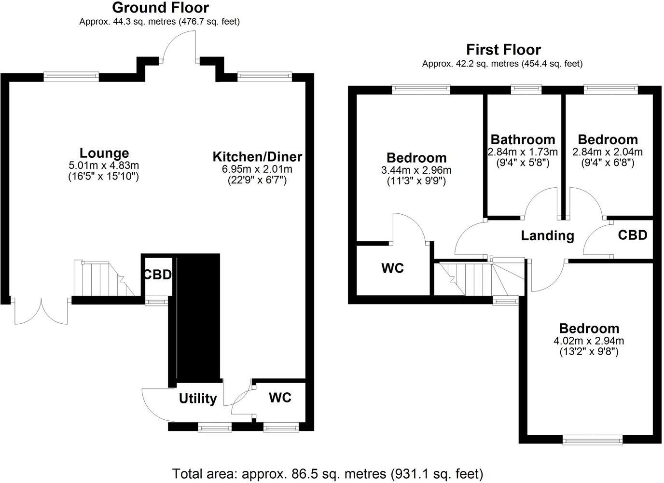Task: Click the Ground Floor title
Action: [x=160, y=8]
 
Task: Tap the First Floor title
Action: [x=503, y=50]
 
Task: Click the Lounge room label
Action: [x=104, y=153]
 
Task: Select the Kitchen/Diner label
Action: [x=257, y=157]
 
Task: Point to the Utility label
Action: [x=198, y=399]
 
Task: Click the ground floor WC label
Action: [x=280, y=398]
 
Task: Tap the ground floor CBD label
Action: [x=157, y=275]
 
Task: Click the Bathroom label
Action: [x=523, y=140]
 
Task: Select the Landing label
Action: [x=547, y=235]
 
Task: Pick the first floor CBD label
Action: [x=632, y=235]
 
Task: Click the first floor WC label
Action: [x=392, y=268]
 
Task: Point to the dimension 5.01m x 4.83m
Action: [x=104, y=166]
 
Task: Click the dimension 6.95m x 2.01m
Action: [x=257, y=169]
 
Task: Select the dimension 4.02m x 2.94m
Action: [x=589, y=341]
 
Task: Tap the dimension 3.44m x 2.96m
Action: [x=416, y=170]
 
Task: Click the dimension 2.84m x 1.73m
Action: [x=523, y=152]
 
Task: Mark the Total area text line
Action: [x=328, y=473]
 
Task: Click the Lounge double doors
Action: [x=41, y=311]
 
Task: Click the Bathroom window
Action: [x=526, y=89]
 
